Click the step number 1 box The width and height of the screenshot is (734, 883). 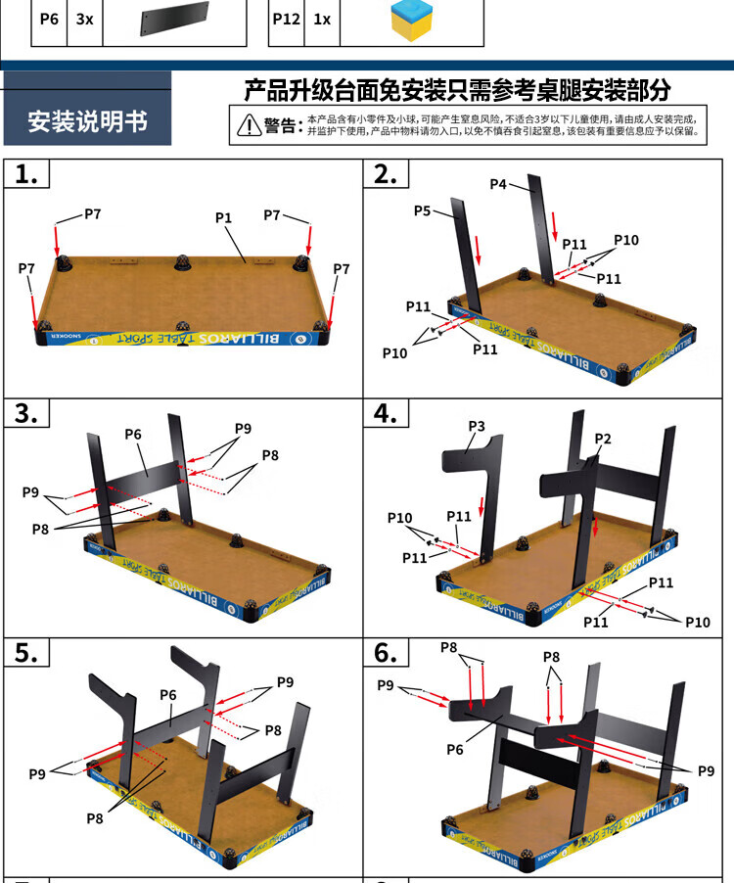tap(27, 174)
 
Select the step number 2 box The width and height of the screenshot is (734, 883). tap(386, 174)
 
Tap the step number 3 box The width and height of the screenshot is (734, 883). tap(27, 413)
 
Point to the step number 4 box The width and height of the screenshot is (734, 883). tap(386, 413)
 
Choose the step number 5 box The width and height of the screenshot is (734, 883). tap(27, 653)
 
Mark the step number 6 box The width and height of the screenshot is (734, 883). tap(386, 653)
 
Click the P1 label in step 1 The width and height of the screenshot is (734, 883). tap(224, 217)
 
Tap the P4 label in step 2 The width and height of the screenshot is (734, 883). tap(498, 184)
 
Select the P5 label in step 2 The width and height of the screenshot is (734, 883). tap(423, 210)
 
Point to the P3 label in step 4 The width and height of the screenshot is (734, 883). tap(477, 427)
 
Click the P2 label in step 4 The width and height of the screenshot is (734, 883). tap(603, 439)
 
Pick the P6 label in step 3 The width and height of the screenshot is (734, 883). tap(134, 435)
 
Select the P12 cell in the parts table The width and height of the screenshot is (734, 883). tap(286, 19)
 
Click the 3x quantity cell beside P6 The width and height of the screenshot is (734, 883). tap(85, 19)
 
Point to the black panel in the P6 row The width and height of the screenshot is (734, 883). tap(175, 20)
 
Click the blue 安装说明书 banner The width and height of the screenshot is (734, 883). tap(88, 121)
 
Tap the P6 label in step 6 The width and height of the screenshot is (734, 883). tap(455, 749)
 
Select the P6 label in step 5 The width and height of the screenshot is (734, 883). tap(168, 695)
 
